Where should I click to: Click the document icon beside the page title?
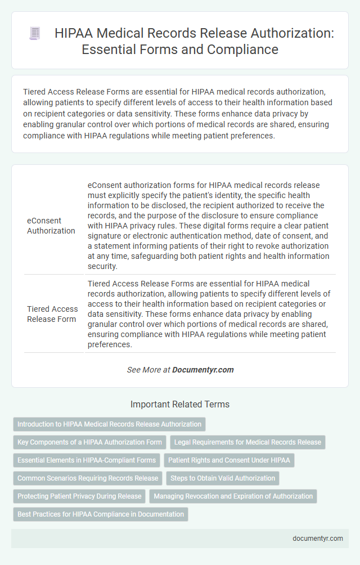(35, 34)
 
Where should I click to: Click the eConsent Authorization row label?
(51, 226)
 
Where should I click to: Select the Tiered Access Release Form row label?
(52, 313)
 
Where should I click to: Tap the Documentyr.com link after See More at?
(202, 370)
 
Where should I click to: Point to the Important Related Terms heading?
(179, 404)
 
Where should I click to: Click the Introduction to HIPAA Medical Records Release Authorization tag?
(109, 424)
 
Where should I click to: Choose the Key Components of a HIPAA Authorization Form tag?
(89, 442)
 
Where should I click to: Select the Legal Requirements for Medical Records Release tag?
(247, 442)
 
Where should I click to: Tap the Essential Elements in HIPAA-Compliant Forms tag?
(87, 460)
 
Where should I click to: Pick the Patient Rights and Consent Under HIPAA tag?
(229, 460)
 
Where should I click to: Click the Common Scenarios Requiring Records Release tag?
(88, 478)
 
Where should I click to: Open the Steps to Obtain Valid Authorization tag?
(223, 478)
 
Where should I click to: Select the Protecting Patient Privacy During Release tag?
(79, 496)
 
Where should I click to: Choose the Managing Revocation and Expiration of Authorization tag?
(233, 496)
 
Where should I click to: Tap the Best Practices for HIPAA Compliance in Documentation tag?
(101, 514)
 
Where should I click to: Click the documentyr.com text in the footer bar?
(318, 538)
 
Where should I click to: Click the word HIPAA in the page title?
(73, 34)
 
